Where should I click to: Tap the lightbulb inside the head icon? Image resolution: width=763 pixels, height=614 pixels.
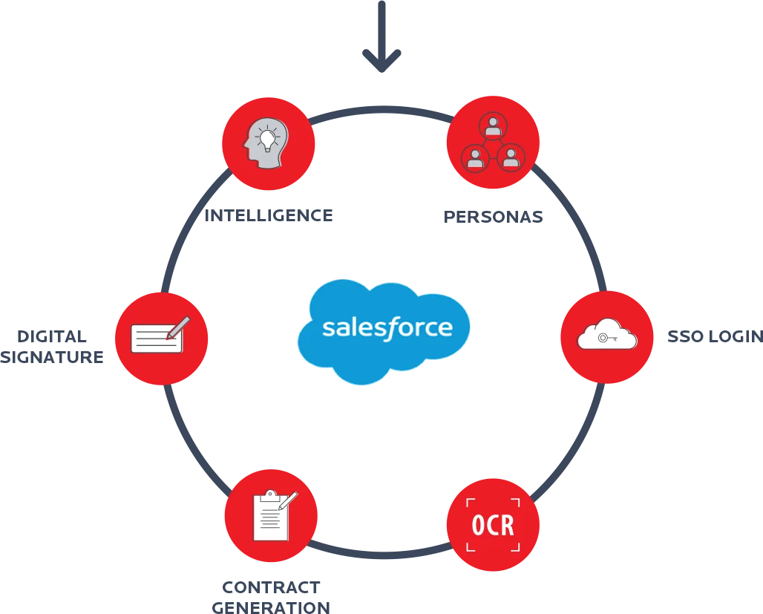(x=266, y=138)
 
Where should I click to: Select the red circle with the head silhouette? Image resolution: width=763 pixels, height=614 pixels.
(x=268, y=143)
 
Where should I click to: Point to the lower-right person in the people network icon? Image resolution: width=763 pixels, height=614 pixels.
(x=511, y=157)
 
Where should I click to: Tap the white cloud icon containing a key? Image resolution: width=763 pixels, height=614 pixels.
(x=607, y=336)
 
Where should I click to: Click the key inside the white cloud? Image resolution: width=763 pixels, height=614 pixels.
(x=607, y=338)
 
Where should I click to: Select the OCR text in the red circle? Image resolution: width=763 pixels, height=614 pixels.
(x=493, y=526)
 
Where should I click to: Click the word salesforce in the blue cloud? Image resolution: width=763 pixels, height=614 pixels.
(x=386, y=327)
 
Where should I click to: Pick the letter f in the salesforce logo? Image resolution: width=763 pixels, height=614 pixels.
(x=392, y=327)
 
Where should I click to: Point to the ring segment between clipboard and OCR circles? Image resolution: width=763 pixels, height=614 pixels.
(x=381, y=553)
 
